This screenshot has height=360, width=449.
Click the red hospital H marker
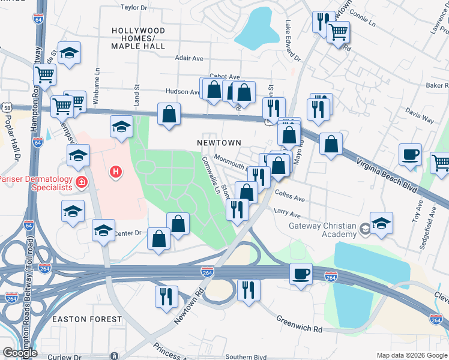(116, 173)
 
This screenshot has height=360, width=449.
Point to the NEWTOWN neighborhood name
(219, 143)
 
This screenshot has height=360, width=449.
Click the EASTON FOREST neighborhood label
(86, 319)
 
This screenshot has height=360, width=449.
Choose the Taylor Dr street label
(134, 8)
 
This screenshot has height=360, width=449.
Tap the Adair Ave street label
(189, 58)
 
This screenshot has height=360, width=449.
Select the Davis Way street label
(419, 116)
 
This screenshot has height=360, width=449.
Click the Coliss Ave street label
(290, 196)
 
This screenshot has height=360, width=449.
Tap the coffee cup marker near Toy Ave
(410, 155)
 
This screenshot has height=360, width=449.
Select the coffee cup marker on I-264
(301, 274)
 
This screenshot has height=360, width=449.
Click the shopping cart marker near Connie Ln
(339, 32)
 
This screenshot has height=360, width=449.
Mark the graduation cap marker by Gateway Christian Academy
(381, 224)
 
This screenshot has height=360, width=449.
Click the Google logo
(20, 353)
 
